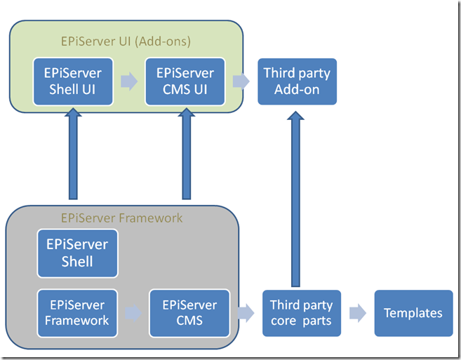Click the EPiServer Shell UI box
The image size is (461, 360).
[x=73, y=81]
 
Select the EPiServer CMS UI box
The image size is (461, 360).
[x=185, y=81]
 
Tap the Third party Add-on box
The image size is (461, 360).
[x=297, y=81]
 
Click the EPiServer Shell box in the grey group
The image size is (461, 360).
[x=77, y=253]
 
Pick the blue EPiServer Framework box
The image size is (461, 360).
[x=77, y=313]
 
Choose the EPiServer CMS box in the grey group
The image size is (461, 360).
[x=189, y=313]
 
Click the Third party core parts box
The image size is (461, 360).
[x=302, y=313]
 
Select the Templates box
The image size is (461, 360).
[x=413, y=313]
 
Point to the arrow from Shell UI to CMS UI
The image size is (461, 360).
[x=129, y=81]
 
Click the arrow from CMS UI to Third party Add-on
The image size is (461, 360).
[x=241, y=81]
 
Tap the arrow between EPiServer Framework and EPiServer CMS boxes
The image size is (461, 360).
[x=133, y=313]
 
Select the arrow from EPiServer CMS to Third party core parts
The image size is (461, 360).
[x=246, y=313]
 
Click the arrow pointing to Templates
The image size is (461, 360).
[x=358, y=313]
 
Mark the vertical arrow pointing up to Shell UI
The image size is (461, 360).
[x=73, y=154]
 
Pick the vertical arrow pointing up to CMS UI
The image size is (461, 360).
[x=186, y=154]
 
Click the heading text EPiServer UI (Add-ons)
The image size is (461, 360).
[x=126, y=41]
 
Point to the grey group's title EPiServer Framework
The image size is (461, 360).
[x=122, y=218]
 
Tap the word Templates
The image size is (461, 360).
[x=413, y=313]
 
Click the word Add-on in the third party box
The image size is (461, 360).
[x=297, y=89]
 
